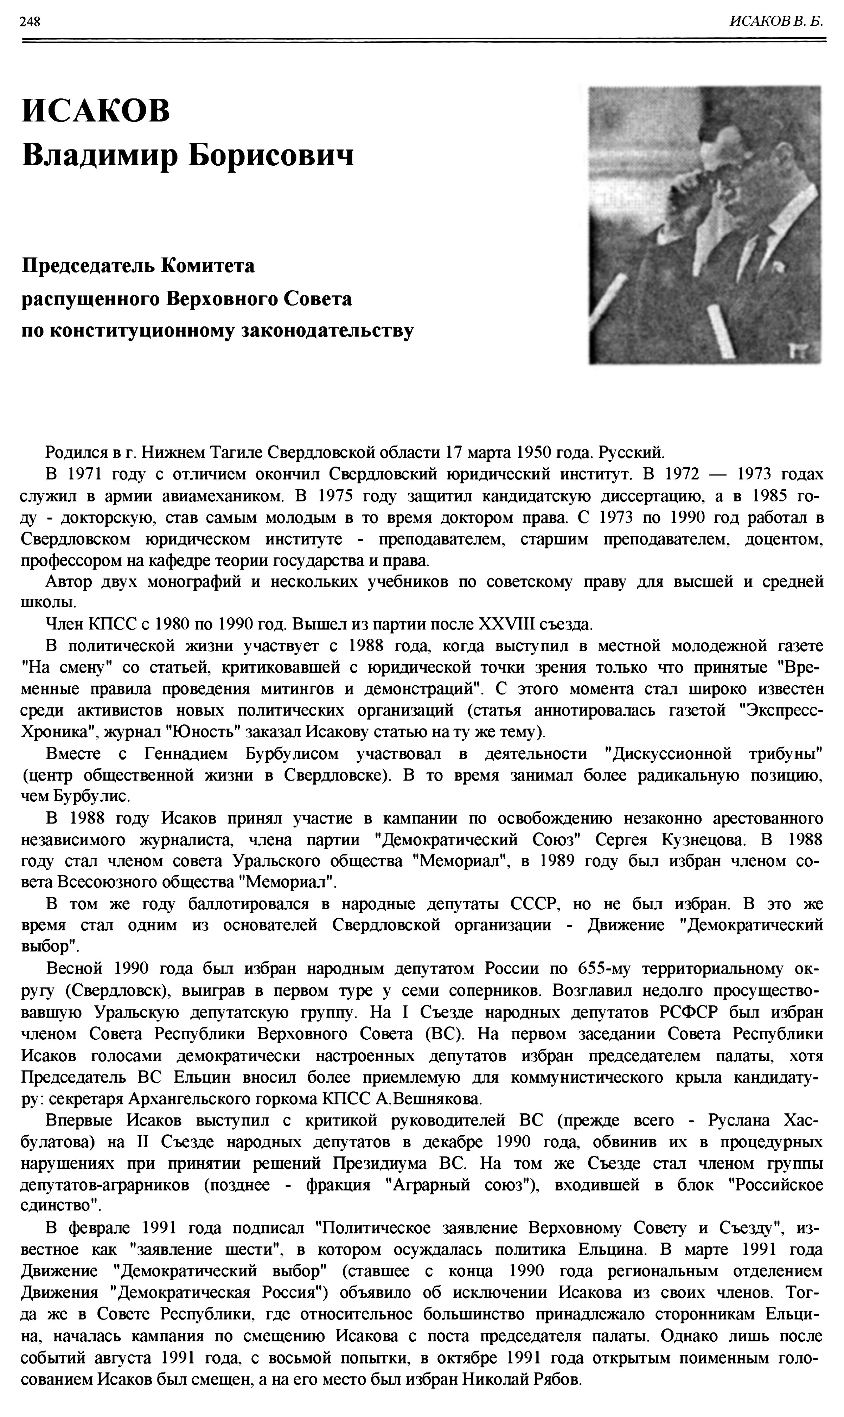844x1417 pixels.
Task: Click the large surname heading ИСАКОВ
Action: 96,110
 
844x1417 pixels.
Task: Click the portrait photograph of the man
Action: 704,225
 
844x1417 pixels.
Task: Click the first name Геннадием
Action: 186,754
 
